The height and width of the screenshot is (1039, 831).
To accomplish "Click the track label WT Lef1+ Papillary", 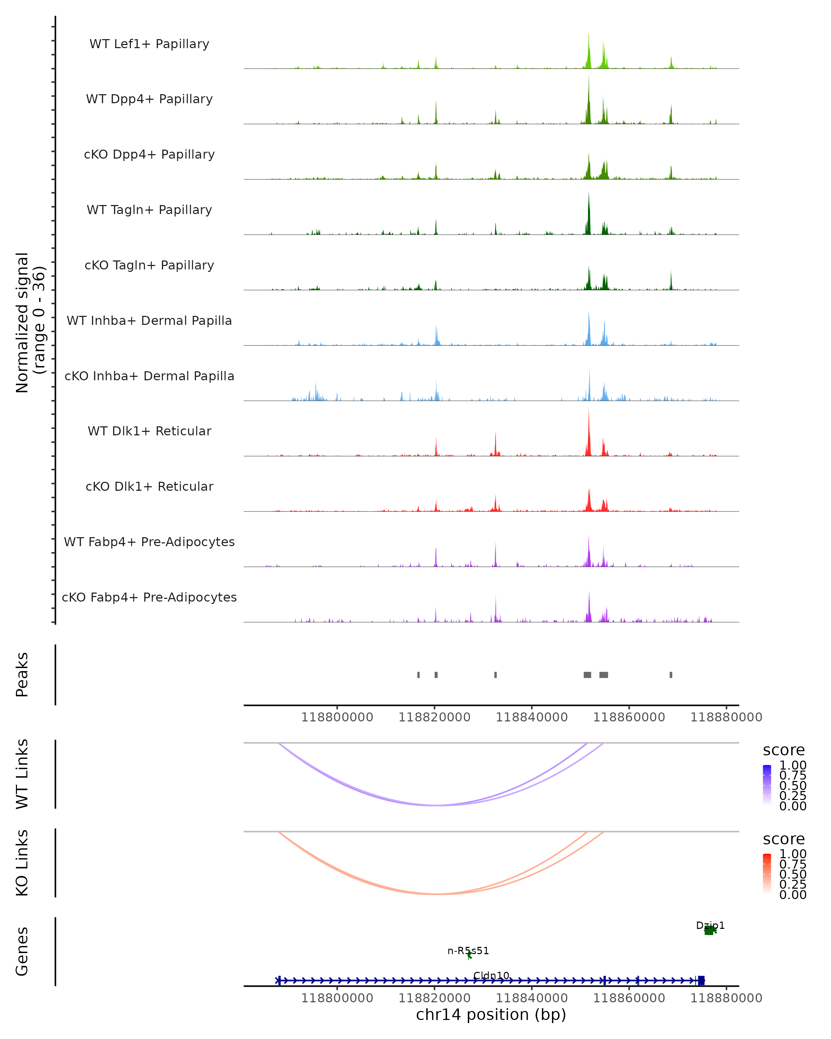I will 149,44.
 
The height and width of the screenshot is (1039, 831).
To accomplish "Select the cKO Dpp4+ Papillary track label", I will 149,154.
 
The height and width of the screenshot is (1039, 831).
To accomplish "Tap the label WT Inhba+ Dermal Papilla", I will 149,320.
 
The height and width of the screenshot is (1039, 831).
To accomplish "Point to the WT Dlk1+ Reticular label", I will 149,431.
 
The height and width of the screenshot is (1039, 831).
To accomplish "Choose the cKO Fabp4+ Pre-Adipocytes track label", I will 149,597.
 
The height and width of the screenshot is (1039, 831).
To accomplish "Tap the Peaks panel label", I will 22,675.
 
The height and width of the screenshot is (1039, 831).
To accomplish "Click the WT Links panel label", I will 22,774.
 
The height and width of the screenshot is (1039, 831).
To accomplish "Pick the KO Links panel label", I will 22,863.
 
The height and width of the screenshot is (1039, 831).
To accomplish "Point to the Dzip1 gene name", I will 710,925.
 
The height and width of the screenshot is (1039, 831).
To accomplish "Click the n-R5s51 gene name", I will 468,951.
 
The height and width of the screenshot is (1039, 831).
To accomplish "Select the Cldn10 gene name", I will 491,975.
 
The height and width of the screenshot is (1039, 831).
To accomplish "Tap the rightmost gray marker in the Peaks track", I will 671,675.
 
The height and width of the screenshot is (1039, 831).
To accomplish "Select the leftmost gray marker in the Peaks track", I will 418,675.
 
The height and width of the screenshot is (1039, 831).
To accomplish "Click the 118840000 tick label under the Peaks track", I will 532,717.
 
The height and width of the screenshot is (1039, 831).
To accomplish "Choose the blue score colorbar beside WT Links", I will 767,784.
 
